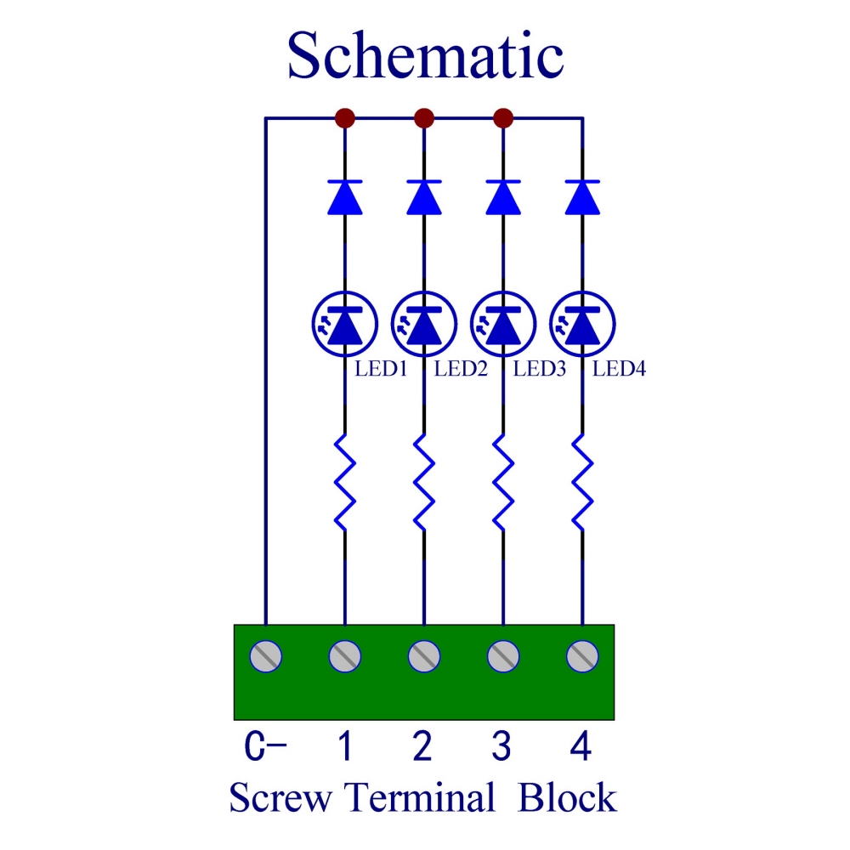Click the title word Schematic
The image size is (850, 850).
425,56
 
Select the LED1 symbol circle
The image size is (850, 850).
344,324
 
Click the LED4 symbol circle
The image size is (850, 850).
582,324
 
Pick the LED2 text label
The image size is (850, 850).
460,369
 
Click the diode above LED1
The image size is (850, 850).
344,196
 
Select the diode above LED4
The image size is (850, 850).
582,196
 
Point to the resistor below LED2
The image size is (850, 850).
423,482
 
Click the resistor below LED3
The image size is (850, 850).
503,482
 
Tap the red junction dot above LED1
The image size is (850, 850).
344,116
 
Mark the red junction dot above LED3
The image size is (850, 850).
503,116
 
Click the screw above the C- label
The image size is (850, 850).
265,655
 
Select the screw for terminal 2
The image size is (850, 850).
423,655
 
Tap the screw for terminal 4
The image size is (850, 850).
582,655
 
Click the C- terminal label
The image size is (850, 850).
265,748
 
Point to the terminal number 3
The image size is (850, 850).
501,748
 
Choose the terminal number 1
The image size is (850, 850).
344,748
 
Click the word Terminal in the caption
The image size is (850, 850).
419,799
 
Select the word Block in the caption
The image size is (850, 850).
568,799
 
